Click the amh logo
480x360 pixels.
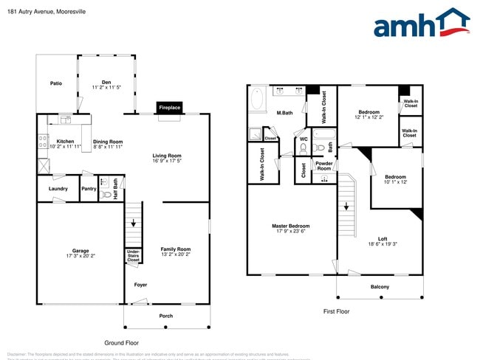pos(422,24)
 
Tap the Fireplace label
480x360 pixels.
pos(169,108)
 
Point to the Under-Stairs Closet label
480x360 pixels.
pos(133,255)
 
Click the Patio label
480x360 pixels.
pos(56,83)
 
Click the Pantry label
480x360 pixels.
pos(89,189)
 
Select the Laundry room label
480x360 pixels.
pos(58,189)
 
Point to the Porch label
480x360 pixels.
pos(166,316)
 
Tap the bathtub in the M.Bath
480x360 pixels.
pos(258,99)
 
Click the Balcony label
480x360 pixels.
pos(380,287)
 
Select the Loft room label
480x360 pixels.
pos(383,239)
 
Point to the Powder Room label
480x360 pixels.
pos(323,166)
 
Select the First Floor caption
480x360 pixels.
pos(336,311)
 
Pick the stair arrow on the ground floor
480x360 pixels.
pos(133,222)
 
